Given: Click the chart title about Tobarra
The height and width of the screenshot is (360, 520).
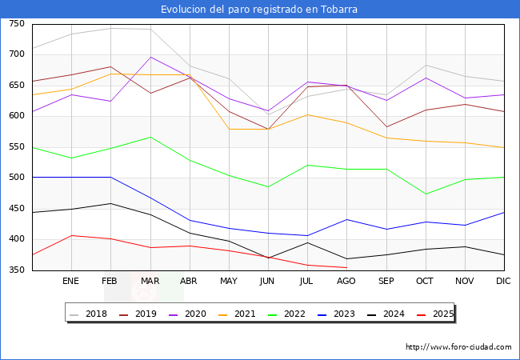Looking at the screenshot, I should (259, 10).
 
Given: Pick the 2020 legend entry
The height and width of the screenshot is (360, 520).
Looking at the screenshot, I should (188, 314).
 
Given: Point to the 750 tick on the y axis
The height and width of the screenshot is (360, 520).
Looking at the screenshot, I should (17, 24).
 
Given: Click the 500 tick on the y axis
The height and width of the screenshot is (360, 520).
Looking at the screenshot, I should (17, 178).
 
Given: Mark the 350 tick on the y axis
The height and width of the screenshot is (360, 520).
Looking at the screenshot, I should (17, 270).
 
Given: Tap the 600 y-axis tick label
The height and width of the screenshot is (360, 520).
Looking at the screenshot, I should (17, 116).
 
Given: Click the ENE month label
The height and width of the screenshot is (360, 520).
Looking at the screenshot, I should (70, 281).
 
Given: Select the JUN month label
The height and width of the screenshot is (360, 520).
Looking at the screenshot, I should (267, 281).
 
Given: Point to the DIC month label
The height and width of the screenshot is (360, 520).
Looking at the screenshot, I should (503, 281).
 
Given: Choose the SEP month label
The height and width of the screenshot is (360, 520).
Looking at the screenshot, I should (386, 281).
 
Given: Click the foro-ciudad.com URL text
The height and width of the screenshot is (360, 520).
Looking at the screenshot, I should (458, 347).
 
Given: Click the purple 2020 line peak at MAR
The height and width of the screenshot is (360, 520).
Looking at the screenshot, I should (150, 57).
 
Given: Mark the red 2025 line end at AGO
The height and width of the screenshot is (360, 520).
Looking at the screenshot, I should (346, 267).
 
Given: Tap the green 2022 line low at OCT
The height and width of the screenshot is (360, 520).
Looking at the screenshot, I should (425, 194).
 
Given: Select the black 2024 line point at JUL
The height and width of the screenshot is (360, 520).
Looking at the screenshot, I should (307, 242).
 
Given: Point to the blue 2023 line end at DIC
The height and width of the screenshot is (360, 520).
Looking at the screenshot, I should (504, 212).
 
